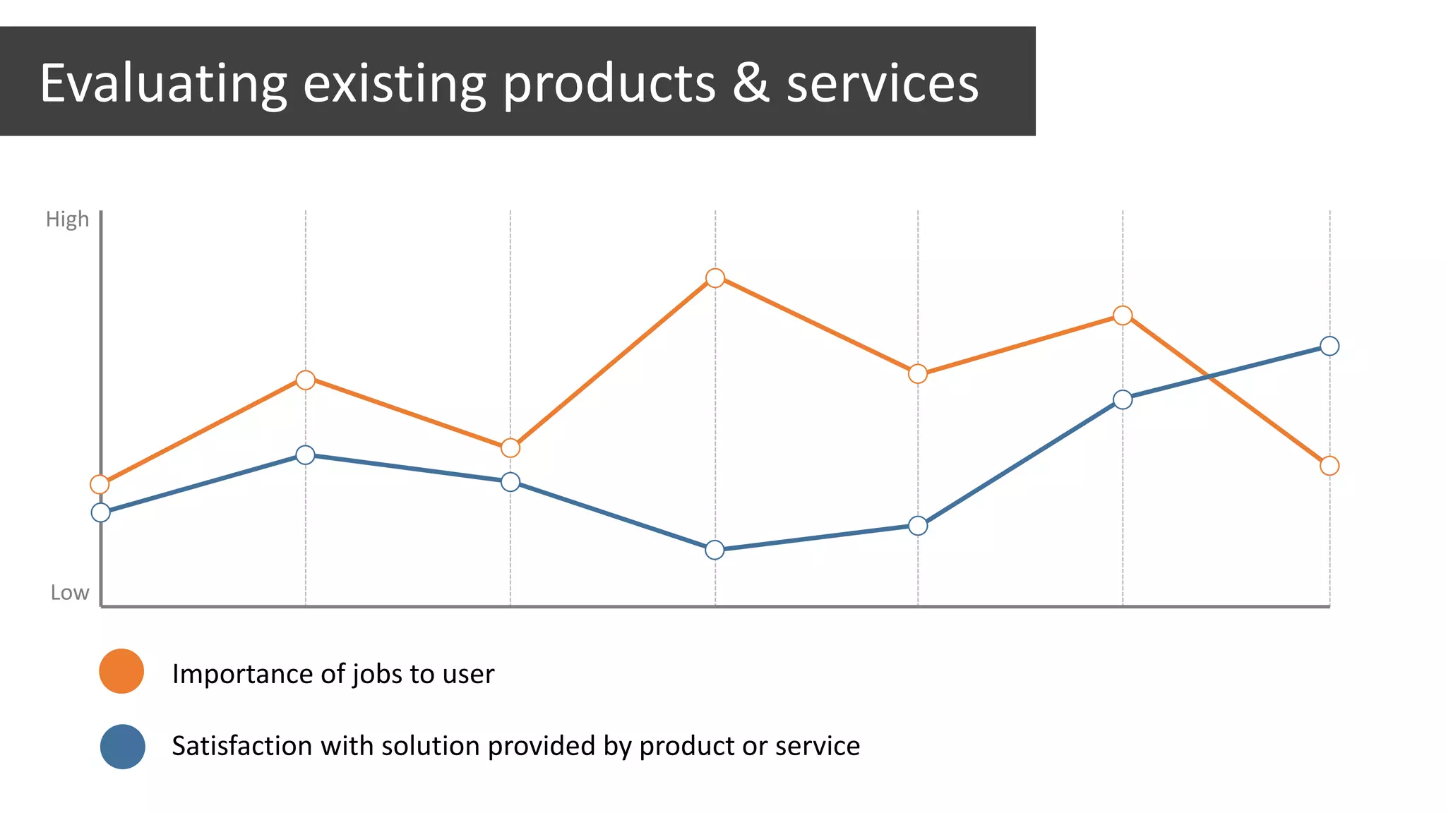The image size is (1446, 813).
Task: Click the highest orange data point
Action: coord(715,278)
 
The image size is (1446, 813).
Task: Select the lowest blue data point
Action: coord(715,550)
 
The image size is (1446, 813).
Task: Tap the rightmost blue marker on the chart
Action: coord(1329,346)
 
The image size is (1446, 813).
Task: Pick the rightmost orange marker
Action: coord(1329,466)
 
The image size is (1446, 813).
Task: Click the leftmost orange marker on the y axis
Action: coord(100,484)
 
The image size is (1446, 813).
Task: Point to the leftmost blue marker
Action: coord(101,512)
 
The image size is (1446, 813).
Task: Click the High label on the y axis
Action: coord(67,219)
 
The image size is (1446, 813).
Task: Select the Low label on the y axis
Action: coord(69,593)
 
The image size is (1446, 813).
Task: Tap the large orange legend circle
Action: coord(121,671)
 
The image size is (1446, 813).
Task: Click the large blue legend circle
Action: coord(122,747)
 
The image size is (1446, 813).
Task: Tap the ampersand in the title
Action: coord(751,83)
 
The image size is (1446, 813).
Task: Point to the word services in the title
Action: coord(882,84)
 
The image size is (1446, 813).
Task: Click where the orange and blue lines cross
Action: coord(1209,377)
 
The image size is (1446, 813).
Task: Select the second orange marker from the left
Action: coord(305,380)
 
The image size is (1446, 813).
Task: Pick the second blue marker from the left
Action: coord(305,454)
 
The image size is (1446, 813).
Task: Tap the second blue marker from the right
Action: coord(1122,399)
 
